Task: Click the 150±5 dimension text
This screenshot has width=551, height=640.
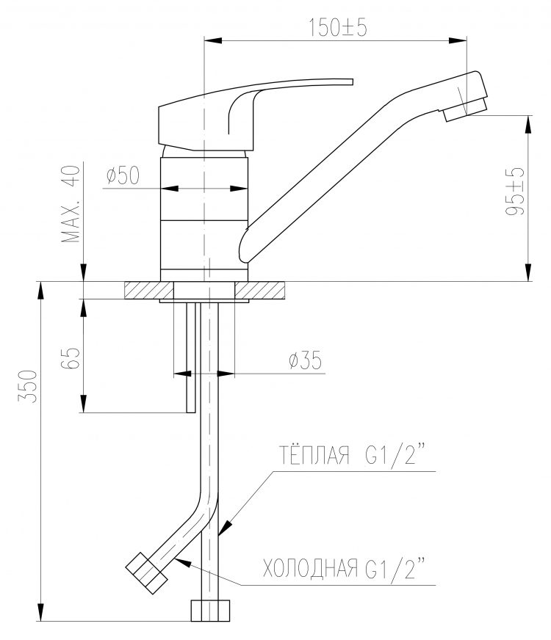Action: [337, 27]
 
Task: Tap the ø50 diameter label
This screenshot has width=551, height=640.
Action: [123, 175]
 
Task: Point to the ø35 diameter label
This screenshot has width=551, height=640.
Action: [306, 360]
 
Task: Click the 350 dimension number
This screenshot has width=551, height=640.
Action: [28, 386]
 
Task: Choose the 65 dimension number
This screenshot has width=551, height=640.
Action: [71, 358]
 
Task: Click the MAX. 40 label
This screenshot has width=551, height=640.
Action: [71, 204]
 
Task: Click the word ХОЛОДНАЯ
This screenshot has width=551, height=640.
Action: [310, 568]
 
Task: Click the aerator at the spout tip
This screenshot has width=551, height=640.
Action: [466, 109]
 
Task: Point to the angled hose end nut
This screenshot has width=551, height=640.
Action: [146, 573]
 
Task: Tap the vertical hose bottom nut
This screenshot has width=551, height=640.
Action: [210, 610]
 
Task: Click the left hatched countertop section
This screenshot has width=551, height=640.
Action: [149, 290]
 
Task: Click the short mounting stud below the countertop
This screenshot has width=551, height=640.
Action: [191, 357]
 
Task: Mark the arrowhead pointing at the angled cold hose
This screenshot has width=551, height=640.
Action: [182, 561]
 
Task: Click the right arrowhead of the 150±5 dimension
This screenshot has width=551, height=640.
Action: [458, 40]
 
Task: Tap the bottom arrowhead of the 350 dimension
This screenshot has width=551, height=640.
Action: [40, 612]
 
